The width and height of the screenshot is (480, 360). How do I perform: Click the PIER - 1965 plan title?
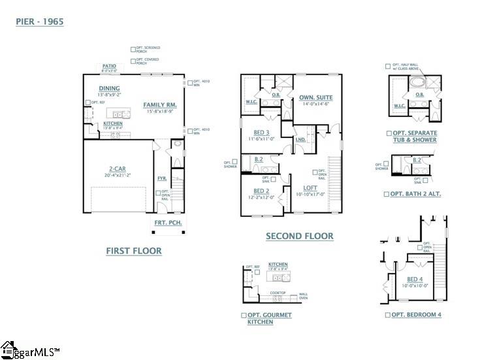pos(40,22)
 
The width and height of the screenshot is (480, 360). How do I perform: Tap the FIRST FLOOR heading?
pos(134,250)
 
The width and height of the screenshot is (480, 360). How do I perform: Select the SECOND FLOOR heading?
pos(300,236)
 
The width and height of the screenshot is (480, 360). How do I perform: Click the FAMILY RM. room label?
pos(160,105)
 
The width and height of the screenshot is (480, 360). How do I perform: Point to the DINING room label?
pos(109,88)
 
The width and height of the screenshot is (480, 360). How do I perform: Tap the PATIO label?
pos(108,66)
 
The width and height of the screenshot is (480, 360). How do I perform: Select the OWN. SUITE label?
pos(316,98)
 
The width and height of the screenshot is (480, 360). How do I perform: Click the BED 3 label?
pos(262,132)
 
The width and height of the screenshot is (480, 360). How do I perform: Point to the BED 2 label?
pos(262,191)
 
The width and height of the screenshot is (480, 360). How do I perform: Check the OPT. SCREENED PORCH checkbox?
pos(133,49)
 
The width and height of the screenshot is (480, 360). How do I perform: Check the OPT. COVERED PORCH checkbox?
pos(133,61)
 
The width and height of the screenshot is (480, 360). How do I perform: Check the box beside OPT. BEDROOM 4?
pos(387,315)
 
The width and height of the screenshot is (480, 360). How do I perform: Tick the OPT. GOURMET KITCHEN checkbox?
pos(244,315)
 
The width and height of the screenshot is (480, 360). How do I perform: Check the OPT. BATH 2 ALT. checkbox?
pos(387,194)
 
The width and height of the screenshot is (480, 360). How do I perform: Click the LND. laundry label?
pos(301,139)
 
